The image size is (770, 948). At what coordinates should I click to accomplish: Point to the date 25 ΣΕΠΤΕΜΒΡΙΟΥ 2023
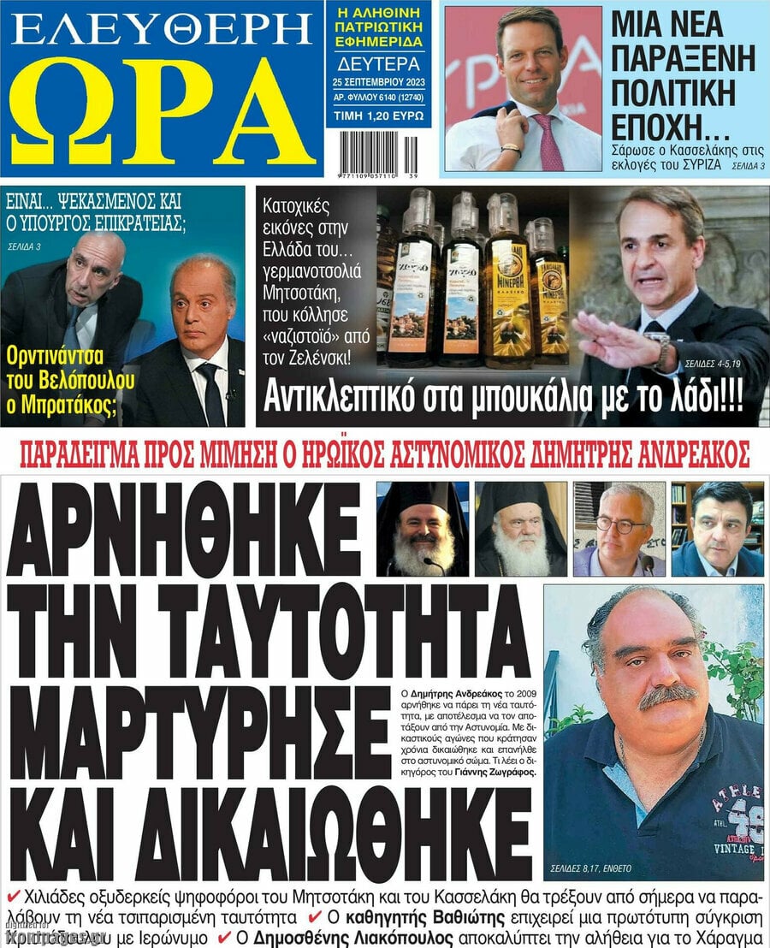pos(379,82)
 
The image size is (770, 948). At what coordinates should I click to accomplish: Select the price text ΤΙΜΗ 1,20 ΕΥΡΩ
pos(379,114)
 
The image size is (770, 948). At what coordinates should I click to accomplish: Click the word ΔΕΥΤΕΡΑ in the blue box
pos(379,64)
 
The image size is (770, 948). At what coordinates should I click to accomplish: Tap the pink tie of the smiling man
pos(548,141)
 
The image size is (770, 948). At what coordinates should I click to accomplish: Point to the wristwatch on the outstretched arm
pos(660,347)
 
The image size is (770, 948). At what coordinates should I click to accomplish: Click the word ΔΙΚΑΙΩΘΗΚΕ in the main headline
pos(269,830)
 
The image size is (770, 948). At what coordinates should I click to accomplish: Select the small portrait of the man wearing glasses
pos(619,529)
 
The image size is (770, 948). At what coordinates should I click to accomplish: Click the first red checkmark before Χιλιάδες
pos(13,896)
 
